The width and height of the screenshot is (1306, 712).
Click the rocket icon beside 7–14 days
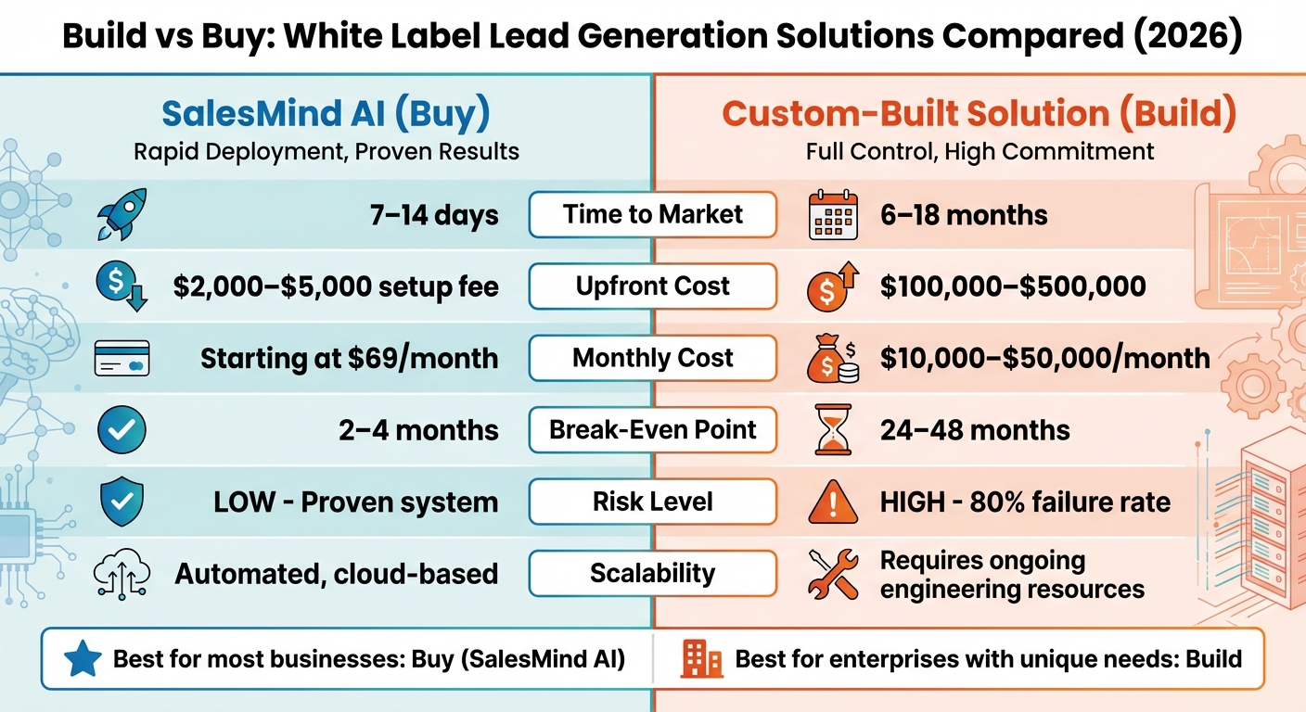[122, 214]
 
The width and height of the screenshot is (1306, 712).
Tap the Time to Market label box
[652, 215]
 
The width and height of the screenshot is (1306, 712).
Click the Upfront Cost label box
[652, 286]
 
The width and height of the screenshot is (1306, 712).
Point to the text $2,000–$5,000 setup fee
[336, 287]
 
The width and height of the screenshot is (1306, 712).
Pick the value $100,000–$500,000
[1013, 287]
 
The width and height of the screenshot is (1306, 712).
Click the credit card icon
[122, 359]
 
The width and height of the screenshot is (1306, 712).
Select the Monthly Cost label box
[652, 358]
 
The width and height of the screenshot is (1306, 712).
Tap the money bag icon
[831, 359]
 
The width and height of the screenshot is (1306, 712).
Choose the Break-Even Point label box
[652, 429]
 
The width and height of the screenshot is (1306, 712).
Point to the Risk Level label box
[652, 502]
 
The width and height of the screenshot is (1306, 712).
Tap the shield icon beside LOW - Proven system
[122, 502]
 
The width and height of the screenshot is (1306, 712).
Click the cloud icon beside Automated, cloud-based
[122, 574]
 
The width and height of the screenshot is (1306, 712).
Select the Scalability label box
[652, 573]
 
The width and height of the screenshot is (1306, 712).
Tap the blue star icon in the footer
[82, 659]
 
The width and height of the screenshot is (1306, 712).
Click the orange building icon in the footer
[701, 659]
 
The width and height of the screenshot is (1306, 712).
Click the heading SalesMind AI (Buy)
[326, 114]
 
